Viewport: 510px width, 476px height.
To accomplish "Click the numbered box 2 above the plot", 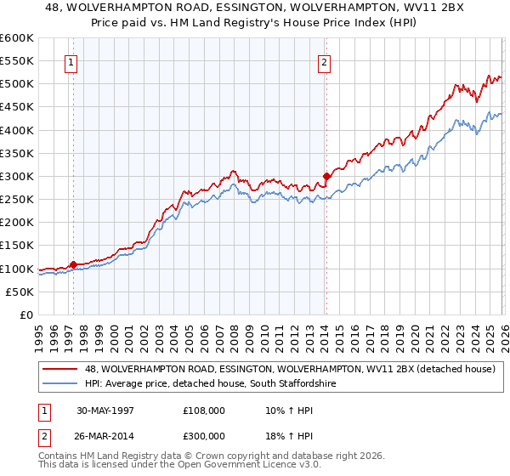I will click(x=325, y=61).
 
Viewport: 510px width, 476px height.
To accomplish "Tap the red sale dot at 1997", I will click(x=74, y=264).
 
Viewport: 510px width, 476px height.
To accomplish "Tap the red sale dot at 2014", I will click(x=326, y=176).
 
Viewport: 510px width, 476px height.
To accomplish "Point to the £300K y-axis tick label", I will click(x=17, y=176).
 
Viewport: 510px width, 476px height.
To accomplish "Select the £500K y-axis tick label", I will click(x=17, y=84).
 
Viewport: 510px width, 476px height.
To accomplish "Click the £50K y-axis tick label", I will click(x=20, y=292).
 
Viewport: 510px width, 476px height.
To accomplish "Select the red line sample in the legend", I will click(x=61, y=368).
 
